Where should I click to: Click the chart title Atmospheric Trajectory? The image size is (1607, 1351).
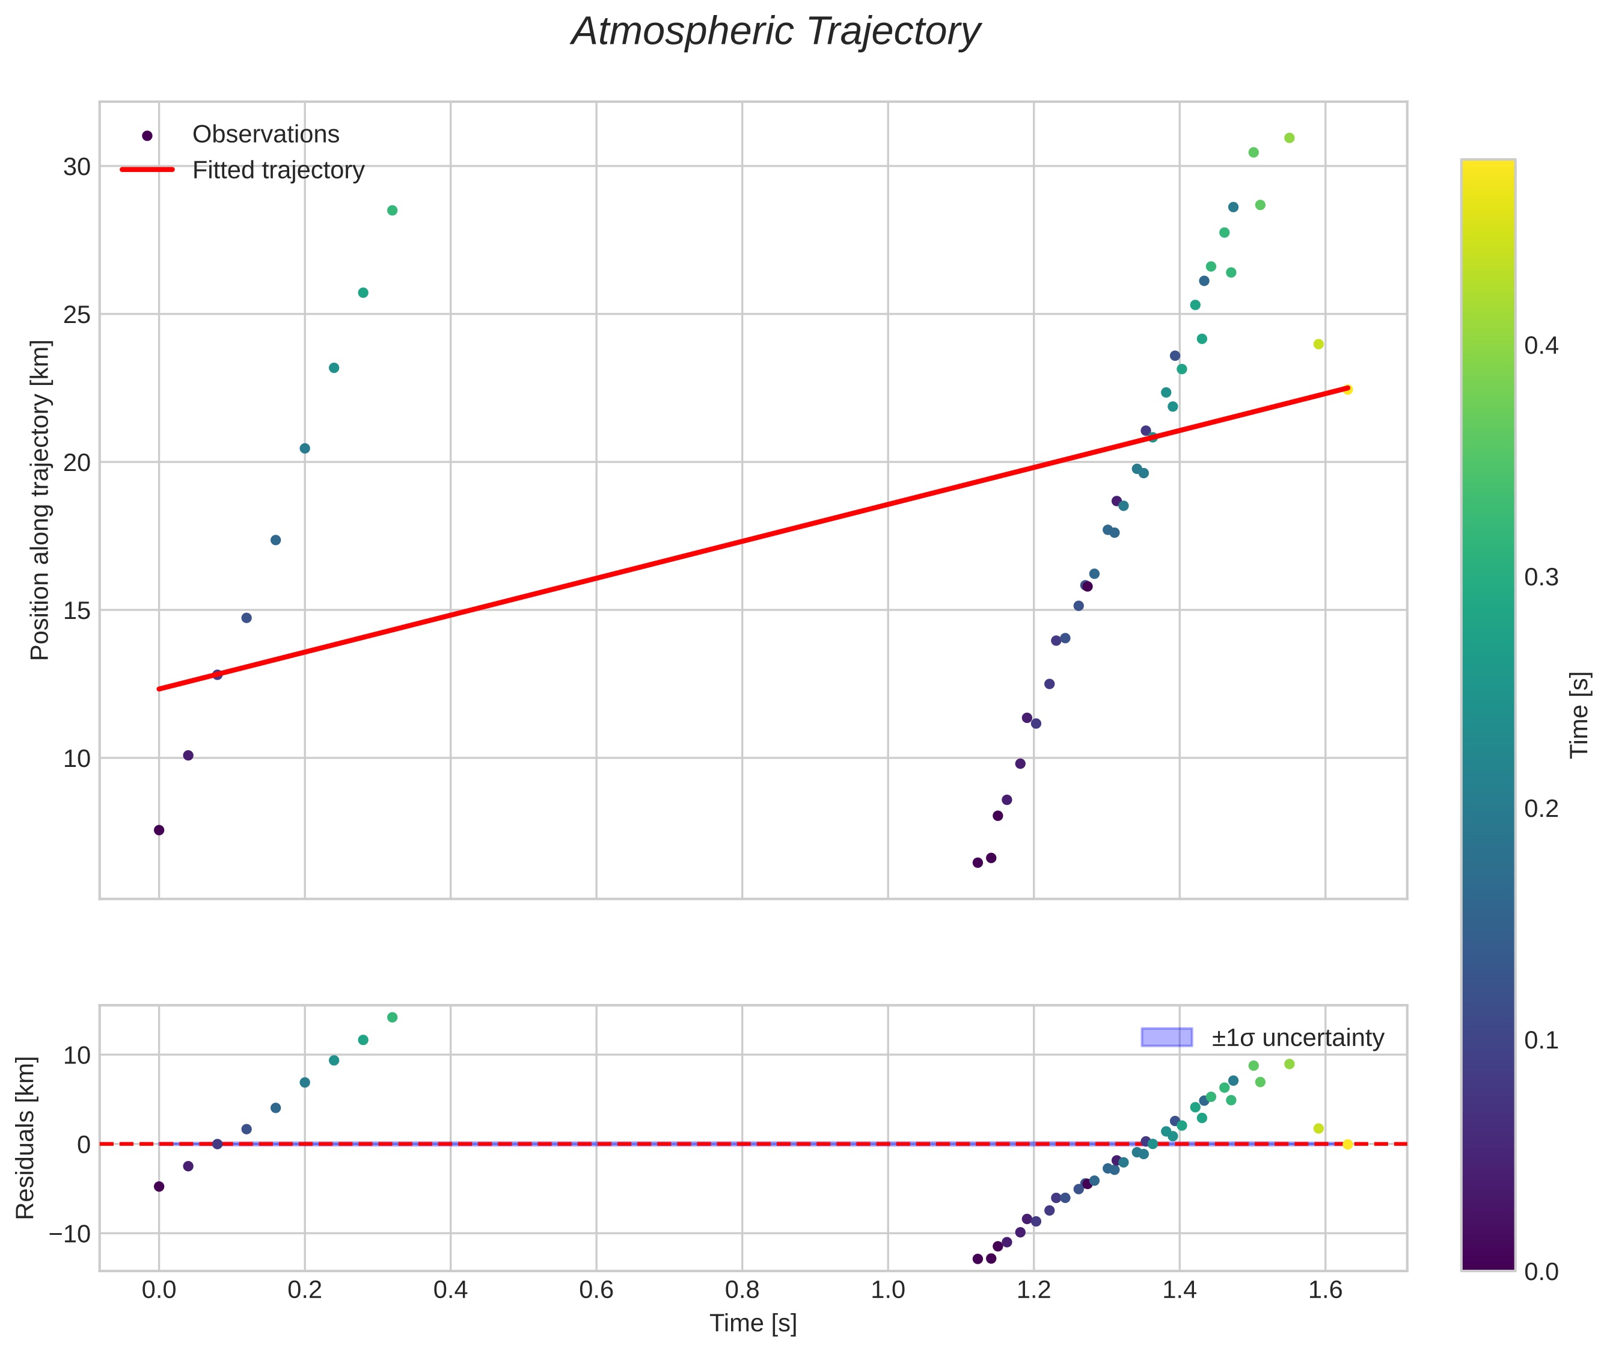click(x=775, y=32)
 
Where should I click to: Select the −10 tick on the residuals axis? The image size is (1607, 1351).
click(x=69, y=1234)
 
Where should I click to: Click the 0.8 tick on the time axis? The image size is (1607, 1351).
click(x=742, y=1290)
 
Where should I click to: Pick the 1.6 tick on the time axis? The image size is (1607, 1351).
click(x=1325, y=1290)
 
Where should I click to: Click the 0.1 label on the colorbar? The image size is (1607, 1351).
click(x=1540, y=1041)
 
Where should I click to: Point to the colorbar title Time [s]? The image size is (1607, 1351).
click(x=1579, y=715)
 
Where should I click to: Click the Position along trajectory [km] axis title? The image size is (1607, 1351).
click(x=40, y=500)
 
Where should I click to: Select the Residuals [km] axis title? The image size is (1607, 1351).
click(x=25, y=1138)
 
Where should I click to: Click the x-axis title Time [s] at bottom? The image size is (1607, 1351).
click(x=753, y=1323)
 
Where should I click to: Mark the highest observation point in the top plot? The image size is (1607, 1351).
click(x=1290, y=138)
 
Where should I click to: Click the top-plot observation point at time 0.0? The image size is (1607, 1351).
click(x=159, y=830)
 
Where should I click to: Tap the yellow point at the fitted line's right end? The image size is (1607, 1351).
click(x=1347, y=390)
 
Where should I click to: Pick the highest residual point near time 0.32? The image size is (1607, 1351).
click(x=392, y=1018)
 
